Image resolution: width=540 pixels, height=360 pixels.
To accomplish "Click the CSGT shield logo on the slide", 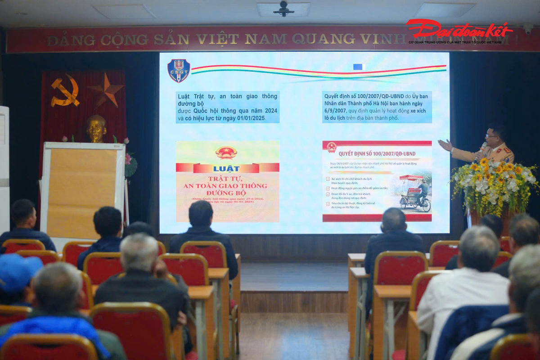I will pos(179,71).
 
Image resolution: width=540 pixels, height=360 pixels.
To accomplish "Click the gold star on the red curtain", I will pos(106,90).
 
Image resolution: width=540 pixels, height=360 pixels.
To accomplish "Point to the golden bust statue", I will pos(96,129).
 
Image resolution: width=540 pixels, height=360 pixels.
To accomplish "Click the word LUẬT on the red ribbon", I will pos(226,168).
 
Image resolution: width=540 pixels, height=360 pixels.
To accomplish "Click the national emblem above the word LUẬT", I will pos(226,153).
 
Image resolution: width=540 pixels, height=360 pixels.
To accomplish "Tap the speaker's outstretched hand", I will pos(445,145).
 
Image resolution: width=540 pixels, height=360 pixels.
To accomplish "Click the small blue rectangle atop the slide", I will pos(358,67).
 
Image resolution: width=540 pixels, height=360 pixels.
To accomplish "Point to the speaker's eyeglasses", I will pos(491,135).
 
